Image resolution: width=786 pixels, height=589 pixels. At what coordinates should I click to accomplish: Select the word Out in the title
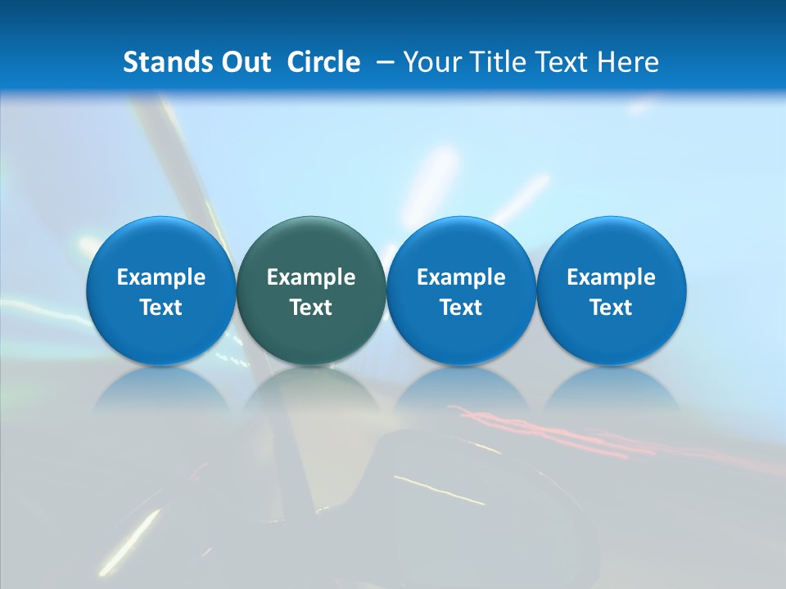pyautogui.click(x=243, y=62)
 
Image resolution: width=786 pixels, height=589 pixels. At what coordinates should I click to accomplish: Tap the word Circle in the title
pyautogui.click(x=323, y=62)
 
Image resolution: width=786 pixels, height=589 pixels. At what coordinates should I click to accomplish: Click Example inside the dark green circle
pyautogui.click(x=311, y=277)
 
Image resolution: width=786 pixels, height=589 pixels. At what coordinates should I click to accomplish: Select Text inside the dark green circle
pyautogui.click(x=311, y=308)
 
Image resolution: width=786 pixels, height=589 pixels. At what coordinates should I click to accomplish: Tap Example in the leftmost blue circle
pyautogui.click(x=161, y=277)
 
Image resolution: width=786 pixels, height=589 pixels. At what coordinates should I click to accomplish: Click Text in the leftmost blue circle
pyautogui.click(x=161, y=308)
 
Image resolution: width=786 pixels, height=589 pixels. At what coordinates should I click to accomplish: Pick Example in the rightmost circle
pyautogui.click(x=611, y=277)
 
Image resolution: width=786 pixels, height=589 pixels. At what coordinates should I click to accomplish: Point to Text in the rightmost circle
pyautogui.click(x=611, y=308)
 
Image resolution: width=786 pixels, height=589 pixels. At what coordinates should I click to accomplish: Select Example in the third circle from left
pyautogui.click(x=461, y=277)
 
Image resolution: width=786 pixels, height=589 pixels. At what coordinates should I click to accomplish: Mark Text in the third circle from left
pyautogui.click(x=461, y=308)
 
